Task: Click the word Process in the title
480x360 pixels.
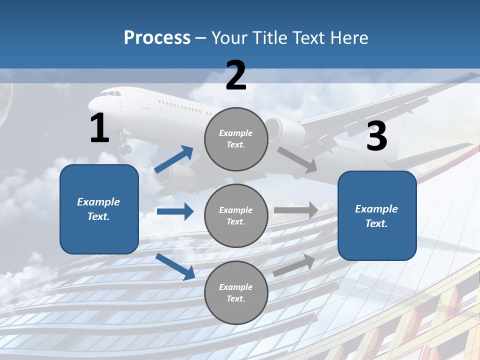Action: (x=157, y=38)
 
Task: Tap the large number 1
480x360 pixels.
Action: (x=99, y=128)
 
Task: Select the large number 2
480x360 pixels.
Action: (x=236, y=75)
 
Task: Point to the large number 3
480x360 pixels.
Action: (x=377, y=136)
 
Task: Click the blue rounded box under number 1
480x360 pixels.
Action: (x=99, y=209)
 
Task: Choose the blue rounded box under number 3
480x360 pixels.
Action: (x=377, y=215)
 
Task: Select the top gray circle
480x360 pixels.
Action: (x=236, y=139)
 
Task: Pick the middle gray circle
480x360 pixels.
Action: (x=236, y=215)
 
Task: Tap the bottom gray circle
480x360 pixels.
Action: (x=236, y=292)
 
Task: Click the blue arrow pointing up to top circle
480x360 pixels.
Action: (x=174, y=159)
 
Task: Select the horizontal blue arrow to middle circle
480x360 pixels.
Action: (x=175, y=211)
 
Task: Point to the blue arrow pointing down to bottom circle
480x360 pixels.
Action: (x=175, y=266)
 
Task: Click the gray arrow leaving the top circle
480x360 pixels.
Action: (x=297, y=159)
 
